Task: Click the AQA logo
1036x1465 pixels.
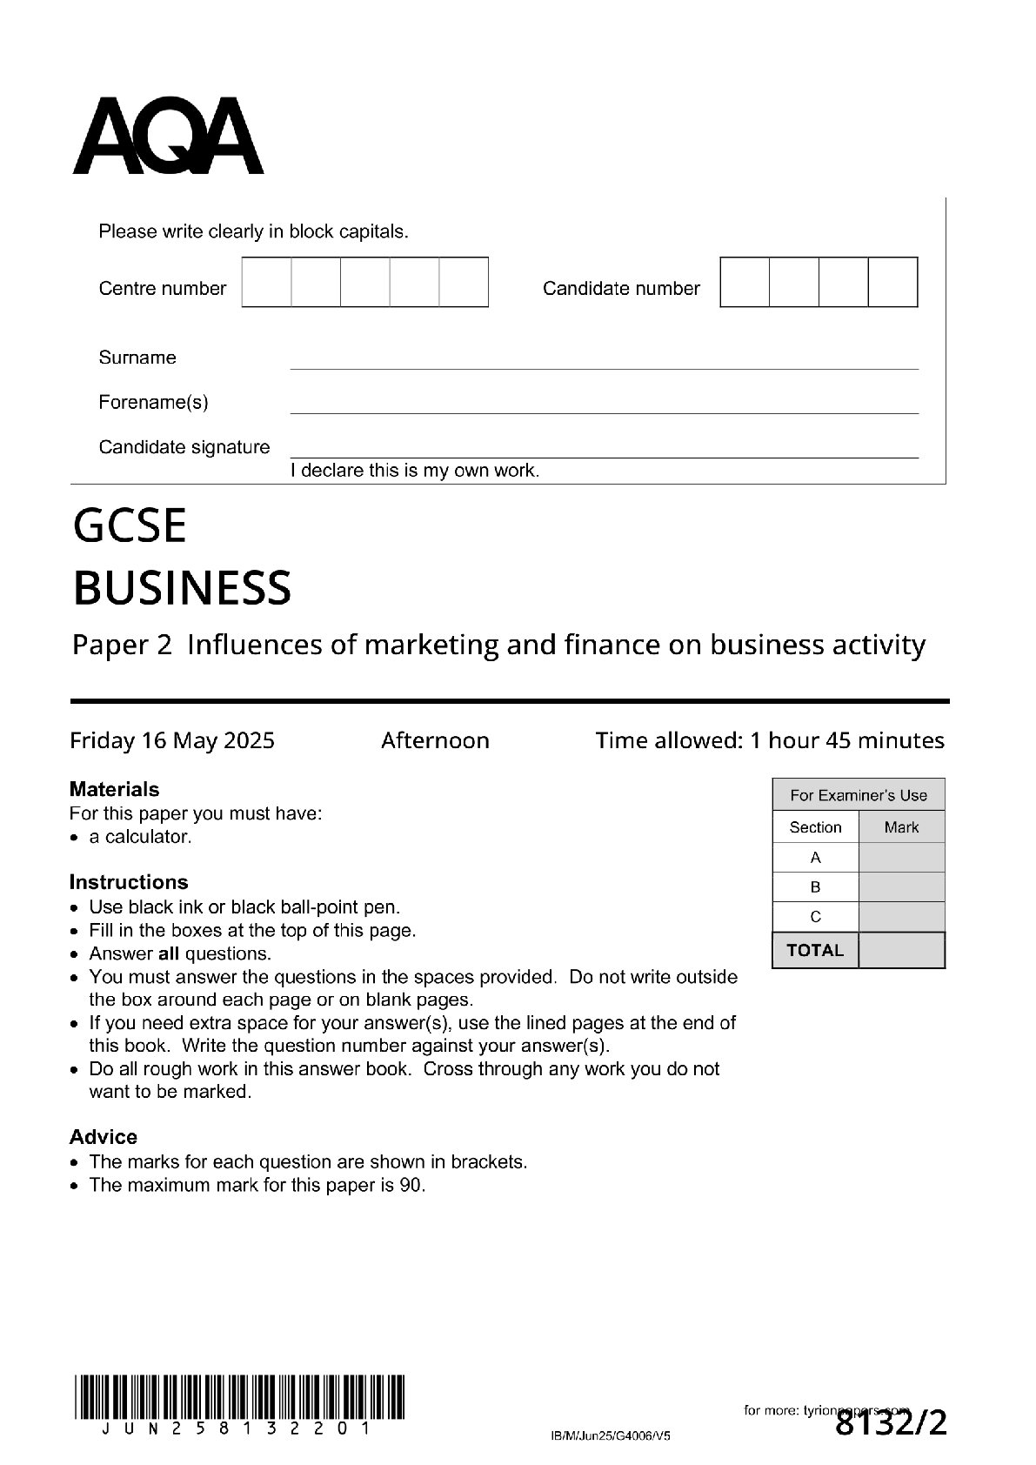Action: click(168, 137)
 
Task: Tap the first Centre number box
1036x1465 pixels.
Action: click(266, 282)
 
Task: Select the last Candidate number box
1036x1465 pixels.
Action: click(892, 282)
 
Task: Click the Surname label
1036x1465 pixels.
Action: click(137, 358)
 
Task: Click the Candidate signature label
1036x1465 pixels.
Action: click(184, 447)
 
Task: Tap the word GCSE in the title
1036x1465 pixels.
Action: click(130, 526)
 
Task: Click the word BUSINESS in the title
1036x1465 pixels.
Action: click(182, 588)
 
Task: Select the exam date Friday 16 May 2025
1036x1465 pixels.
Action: click(172, 741)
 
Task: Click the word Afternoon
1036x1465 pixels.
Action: click(435, 741)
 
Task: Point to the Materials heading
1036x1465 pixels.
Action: click(114, 789)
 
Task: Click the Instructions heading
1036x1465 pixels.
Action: click(129, 882)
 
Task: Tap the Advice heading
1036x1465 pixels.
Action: click(104, 1137)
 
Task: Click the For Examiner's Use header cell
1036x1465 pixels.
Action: click(858, 795)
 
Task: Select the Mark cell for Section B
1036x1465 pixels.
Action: click(901, 887)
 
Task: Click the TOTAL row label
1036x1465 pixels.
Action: click(815, 950)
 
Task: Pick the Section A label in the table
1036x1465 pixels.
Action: click(815, 858)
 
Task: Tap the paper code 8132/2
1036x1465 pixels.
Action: click(890, 1424)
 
